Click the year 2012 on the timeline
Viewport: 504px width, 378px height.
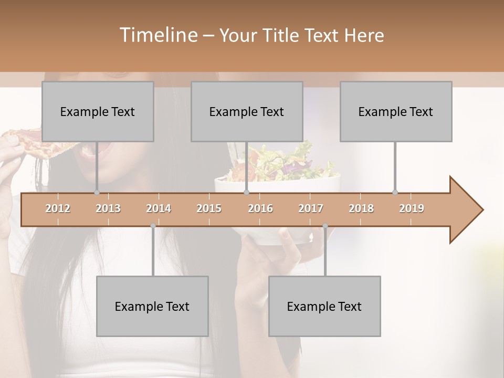click(58, 208)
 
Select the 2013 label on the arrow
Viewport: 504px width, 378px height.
click(108, 208)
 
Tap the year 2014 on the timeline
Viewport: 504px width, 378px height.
click(159, 208)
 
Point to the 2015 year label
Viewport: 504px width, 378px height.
click(209, 208)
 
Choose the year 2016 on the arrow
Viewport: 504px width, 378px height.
click(260, 208)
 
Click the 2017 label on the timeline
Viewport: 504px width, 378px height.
click(311, 208)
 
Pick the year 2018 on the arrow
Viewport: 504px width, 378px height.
click(361, 208)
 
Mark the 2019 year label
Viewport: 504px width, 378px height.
click(412, 208)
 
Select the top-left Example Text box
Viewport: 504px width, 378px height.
click(97, 112)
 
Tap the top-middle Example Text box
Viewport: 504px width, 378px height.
click(246, 112)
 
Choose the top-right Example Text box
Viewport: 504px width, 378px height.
click(395, 112)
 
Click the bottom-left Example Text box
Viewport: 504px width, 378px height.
click(152, 307)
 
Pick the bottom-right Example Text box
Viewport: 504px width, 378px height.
click(324, 307)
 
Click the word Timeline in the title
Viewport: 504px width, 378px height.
click(158, 35)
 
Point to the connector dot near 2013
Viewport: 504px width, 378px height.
click(97, 192)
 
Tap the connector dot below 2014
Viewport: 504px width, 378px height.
click(153, 226)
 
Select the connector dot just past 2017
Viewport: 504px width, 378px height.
click(325, 226)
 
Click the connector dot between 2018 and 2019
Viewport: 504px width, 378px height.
click(395, 192)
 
